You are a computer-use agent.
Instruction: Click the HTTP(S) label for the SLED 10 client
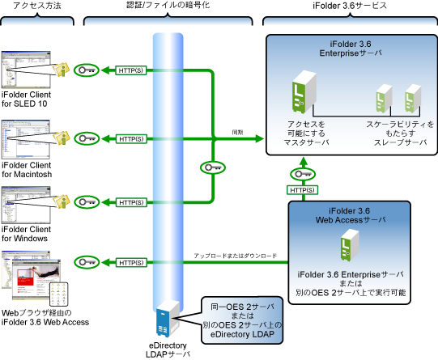[131, 70]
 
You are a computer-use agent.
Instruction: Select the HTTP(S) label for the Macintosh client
[131, 139]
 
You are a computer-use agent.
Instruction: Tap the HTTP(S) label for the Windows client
[131, 202]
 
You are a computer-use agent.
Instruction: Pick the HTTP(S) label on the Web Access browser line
[131, 263]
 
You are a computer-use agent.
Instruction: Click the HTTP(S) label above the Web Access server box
[302, 190]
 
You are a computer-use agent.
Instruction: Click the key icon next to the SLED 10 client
[87, 70]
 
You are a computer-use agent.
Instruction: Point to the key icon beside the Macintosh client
[87, 138]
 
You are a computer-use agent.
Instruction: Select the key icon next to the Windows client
[87, 202]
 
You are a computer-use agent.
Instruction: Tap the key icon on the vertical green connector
[213, 167]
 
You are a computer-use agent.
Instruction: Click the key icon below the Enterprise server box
[303, 175]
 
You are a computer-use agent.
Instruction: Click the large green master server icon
[304, 92]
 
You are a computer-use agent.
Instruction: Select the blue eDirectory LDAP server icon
[168, 319]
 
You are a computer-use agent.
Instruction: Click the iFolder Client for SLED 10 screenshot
[26, 70]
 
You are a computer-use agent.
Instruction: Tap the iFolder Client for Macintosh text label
[27, 170]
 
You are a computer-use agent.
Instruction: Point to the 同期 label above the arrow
[237, 133]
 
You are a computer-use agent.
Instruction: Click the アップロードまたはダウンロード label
[236, 256]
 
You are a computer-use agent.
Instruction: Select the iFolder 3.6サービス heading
[350, 6]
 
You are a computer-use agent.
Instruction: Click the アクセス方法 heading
[37, 6]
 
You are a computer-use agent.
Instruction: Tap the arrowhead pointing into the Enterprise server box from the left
[259, 138]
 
